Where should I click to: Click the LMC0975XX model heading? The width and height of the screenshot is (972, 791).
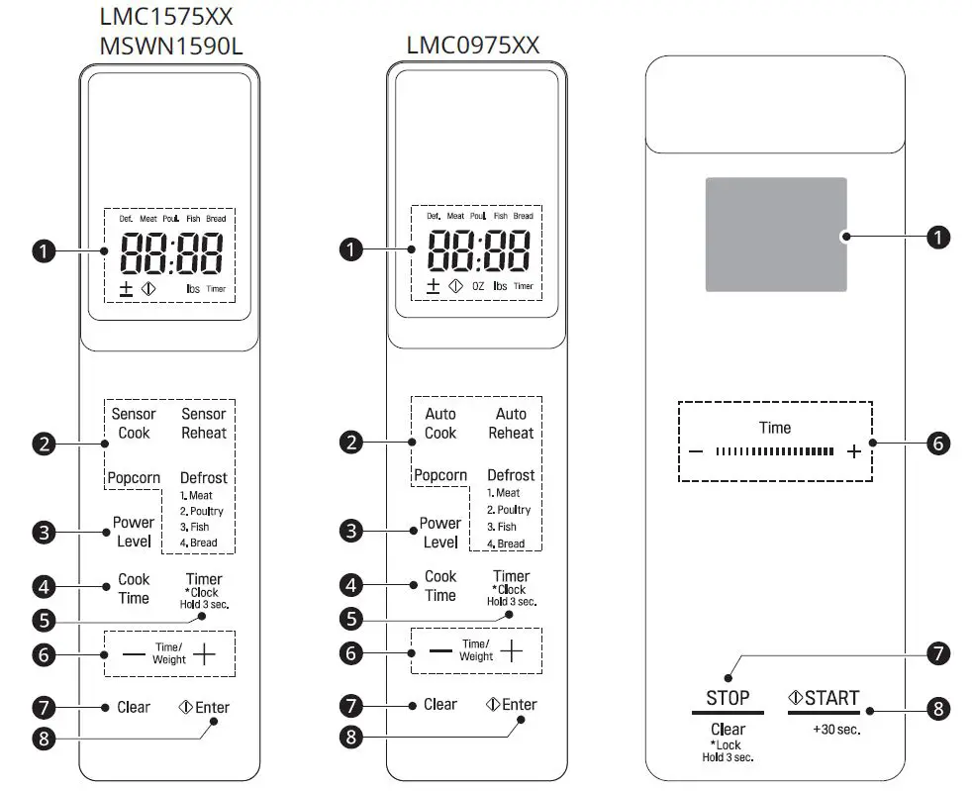pos(473,45)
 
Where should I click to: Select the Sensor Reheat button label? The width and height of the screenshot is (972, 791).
pos(203,424)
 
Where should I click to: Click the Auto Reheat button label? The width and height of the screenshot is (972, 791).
pos(511,424)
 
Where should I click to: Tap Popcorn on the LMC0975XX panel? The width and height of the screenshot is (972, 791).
pos(440,475)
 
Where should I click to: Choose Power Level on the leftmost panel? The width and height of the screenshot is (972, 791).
pos(134,532)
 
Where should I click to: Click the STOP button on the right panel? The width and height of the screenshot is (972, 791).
pos(728,698)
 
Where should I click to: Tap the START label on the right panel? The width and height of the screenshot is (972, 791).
pos(824,698)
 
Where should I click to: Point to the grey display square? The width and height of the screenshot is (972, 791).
pos(775,235)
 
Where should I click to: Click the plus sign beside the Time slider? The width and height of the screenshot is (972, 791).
pos(854,452)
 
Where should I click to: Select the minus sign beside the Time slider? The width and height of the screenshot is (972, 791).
pos(696,452)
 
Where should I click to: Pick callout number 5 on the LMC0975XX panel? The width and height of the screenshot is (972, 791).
pos(349,619)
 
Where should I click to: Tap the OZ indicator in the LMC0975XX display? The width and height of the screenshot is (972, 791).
pos(478,286)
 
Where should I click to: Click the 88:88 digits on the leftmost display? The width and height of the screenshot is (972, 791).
pos(171,253)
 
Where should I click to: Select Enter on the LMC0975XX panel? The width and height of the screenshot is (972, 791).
pos(512,705)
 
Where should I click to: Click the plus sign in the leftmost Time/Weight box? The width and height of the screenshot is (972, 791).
pos(203,653)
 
